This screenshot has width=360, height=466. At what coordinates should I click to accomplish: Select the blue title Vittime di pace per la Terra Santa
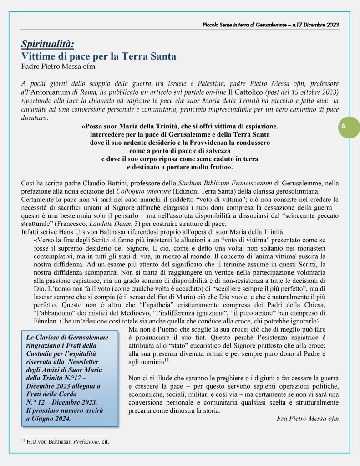(99, 57)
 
